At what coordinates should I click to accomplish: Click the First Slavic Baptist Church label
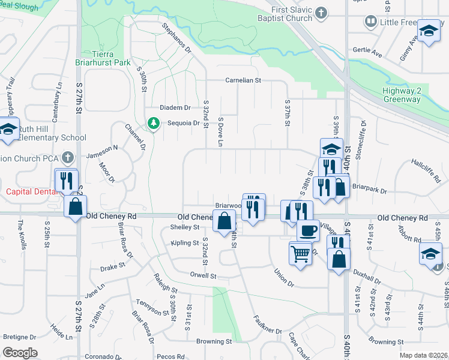(x=292, y=14)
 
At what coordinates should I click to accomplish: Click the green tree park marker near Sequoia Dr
(x=154, y=124)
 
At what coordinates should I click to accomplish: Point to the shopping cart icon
(x=301, y=252)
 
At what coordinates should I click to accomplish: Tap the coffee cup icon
(x=309, y=230)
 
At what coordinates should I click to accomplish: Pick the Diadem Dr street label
(x=175, y=108)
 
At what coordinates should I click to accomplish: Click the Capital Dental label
(x=30, y=192)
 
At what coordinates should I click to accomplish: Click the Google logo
(x=20, y=353)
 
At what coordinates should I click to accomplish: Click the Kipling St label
(x=184, y=243)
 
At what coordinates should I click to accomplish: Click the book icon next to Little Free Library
(x=371, y=22)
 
